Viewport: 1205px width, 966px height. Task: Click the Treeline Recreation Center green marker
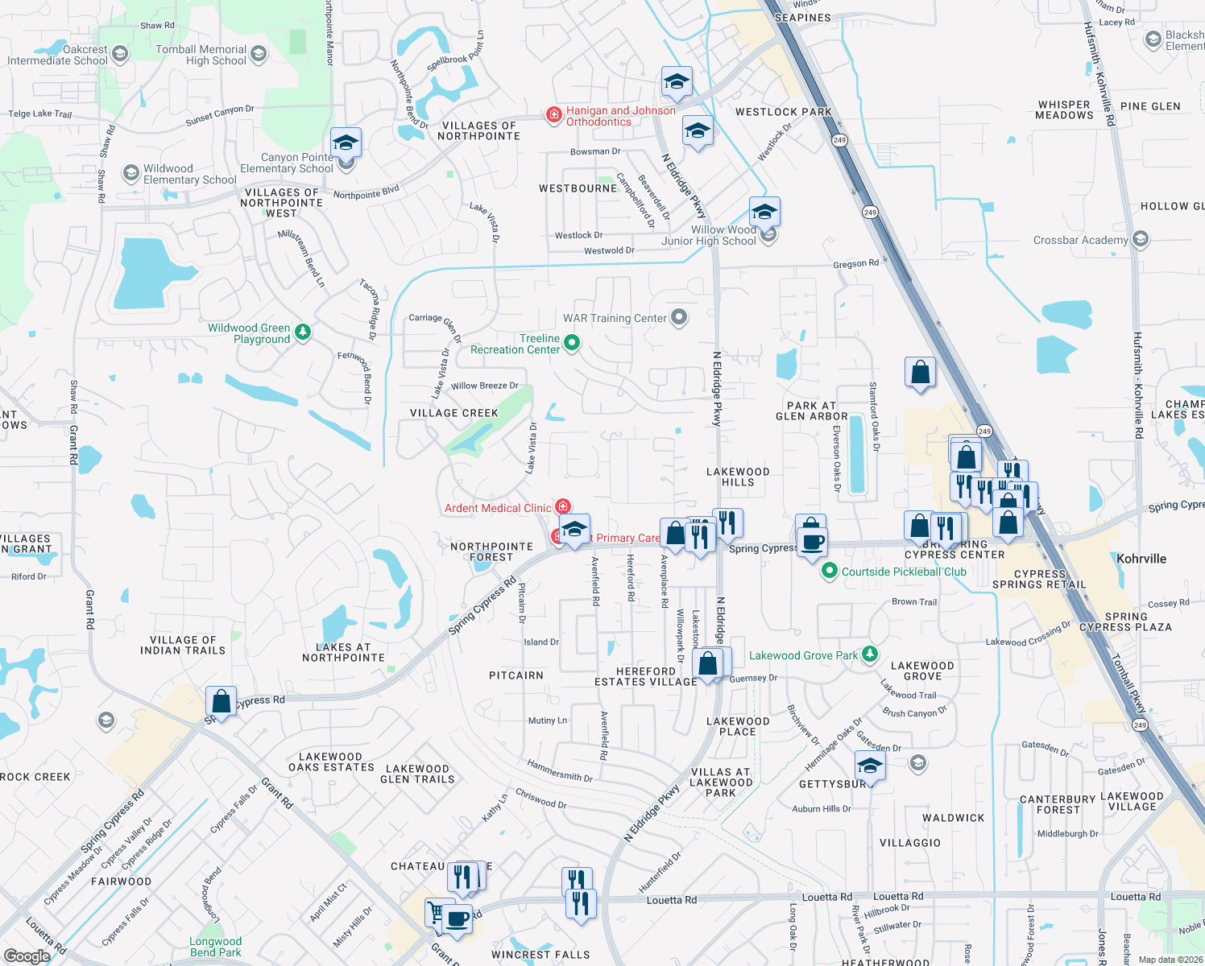[x=572, y=343]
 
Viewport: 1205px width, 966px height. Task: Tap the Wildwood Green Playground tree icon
[x=303, y=332]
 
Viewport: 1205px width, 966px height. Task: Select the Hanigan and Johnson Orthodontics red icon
[x=554, y=116]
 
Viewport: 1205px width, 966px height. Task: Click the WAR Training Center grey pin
[x=679, y=317]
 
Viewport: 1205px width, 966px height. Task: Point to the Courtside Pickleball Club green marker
[x=829, y=571]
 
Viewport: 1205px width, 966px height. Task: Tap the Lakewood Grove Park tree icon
[x=870, y=654]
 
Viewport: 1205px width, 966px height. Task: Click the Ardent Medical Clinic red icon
[x=564, y=506]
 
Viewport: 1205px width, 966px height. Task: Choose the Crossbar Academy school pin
[x=1140, y=239]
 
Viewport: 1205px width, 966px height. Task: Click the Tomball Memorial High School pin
[x=259, y=54]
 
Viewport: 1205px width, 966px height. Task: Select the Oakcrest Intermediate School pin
[x=120, y=54]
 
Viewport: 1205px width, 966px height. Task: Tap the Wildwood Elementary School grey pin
[x=130, y=173]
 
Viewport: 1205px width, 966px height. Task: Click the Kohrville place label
[x=1141, y=559]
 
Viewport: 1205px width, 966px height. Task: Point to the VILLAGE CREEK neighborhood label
[x=454, y=413]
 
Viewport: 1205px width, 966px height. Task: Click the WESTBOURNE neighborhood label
[x=578, y=188]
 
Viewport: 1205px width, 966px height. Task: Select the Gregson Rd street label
[x=855, y=264]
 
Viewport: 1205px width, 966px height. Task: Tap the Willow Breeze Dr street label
[x=484, y=386]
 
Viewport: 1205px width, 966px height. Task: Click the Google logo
[x=27, y=956]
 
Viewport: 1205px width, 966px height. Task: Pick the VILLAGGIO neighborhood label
[x=909, y=843]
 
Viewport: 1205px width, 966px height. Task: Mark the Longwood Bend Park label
[x=215, y=947]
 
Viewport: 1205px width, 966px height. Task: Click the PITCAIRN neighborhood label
[x=516, y=675]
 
